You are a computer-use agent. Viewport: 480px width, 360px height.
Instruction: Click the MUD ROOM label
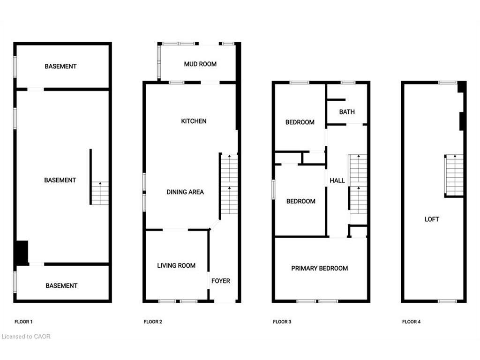click(x=200, y=64)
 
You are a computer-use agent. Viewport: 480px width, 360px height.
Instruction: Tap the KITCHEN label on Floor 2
click(x=194, y=121)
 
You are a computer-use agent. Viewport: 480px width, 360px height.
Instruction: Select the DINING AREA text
click(x=185, y=192)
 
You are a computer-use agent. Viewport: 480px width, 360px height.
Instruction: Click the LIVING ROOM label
click(x=176, y=266)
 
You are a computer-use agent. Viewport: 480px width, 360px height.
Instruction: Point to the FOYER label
click(x=221, y=281)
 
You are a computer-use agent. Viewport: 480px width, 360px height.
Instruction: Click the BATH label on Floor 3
click(x=347, y=112)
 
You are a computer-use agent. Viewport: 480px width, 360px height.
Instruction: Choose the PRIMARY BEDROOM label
click(x=320, y=269)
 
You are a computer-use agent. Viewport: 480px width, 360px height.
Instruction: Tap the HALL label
click(x=337, y=180)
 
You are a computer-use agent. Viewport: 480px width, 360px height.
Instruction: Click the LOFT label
click(x=432, y=219)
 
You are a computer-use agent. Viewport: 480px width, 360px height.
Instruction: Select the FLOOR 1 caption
click(x=23, y=322)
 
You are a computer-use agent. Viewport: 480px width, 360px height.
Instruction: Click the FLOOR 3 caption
click(x=282, y=322)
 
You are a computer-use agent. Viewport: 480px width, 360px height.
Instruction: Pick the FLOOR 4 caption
click(x=412, y=322)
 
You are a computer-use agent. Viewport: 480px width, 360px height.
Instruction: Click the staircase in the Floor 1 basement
click(x=100, y=193)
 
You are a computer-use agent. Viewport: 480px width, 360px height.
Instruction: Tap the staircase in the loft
click(x=454, y=175)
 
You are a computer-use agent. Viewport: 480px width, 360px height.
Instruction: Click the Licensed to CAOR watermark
click(x=26, y=337)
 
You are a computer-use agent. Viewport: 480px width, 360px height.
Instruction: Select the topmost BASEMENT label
click(x=60, y=67)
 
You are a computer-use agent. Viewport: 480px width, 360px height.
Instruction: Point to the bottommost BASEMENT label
click(x=61, y=286)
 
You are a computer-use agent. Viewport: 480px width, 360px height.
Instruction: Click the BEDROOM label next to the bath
click(x=300, y=122)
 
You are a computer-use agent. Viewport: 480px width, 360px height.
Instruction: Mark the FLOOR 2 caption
click(x=153, y=322)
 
